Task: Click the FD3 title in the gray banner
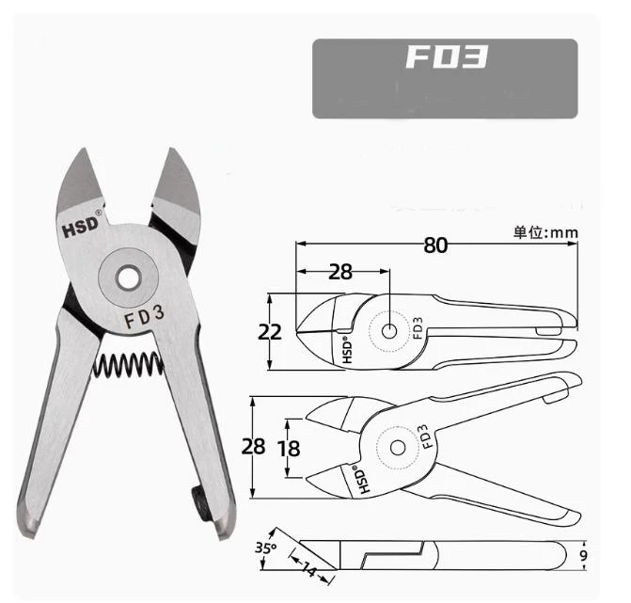click(447, 56)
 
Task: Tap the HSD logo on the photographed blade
click(81, 226)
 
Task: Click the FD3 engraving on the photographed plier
click(144, 316)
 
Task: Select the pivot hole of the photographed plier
click(128, 278)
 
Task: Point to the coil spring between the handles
click(129, 365)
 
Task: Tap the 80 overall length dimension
click(435, 245)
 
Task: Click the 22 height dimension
click(269, 332)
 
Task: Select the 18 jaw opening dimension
click(289, 449)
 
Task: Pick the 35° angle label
click(265, 547)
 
